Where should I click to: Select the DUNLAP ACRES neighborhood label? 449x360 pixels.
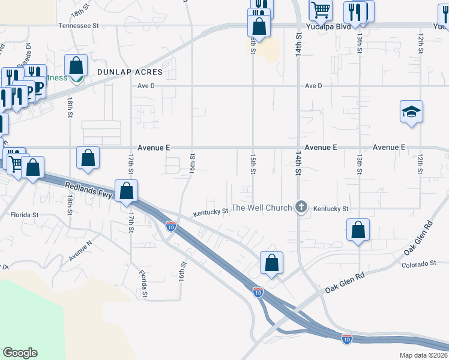point(130,71)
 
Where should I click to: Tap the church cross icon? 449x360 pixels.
point(301,208)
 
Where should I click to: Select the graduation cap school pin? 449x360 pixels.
point(412,112)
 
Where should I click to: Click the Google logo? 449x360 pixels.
point(20,353)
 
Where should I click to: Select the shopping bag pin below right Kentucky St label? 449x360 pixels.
point(358,230)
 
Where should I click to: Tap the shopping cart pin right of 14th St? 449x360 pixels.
point(321,10)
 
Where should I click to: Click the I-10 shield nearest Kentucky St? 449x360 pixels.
point(171,226)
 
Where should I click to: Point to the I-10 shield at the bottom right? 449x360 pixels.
point(346,338)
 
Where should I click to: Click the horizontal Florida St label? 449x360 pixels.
point(24,214)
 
